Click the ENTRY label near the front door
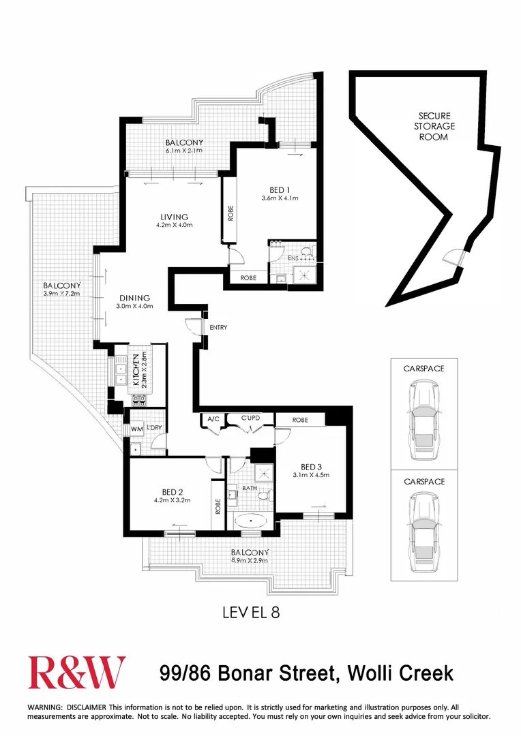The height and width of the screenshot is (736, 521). (218, 328)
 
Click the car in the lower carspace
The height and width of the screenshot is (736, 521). (423, 530)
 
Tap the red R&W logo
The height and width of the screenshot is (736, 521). (76, 673)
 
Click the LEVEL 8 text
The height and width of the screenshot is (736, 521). (251, 612)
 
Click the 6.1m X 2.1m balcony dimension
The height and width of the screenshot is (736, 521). (184, 151)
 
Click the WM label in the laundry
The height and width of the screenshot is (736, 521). (136, 428)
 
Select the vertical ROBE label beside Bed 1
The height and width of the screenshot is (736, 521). (230, 214)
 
